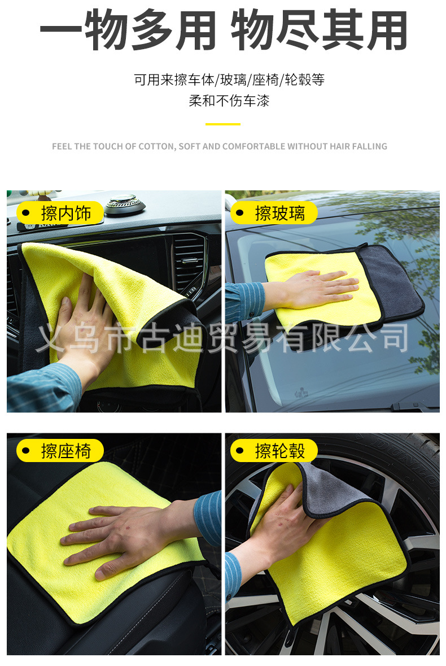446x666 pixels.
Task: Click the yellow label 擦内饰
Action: (x=60, y=213)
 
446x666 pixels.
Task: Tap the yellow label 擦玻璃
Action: (x=274, y=213)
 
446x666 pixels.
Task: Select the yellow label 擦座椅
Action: (x=60, y=451)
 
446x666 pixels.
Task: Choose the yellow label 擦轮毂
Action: (x=274, y=451)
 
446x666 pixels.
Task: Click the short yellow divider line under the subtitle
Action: (x=223, y=124)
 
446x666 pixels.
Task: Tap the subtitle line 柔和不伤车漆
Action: (x=229, y=101)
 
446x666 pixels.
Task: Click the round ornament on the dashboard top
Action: (x=124, y=203)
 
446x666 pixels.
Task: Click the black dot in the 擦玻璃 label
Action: (x=240, y=213)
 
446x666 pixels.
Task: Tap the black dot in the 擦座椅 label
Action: (x=26, y=451)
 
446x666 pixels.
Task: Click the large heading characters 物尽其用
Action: (x=319, y=31)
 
